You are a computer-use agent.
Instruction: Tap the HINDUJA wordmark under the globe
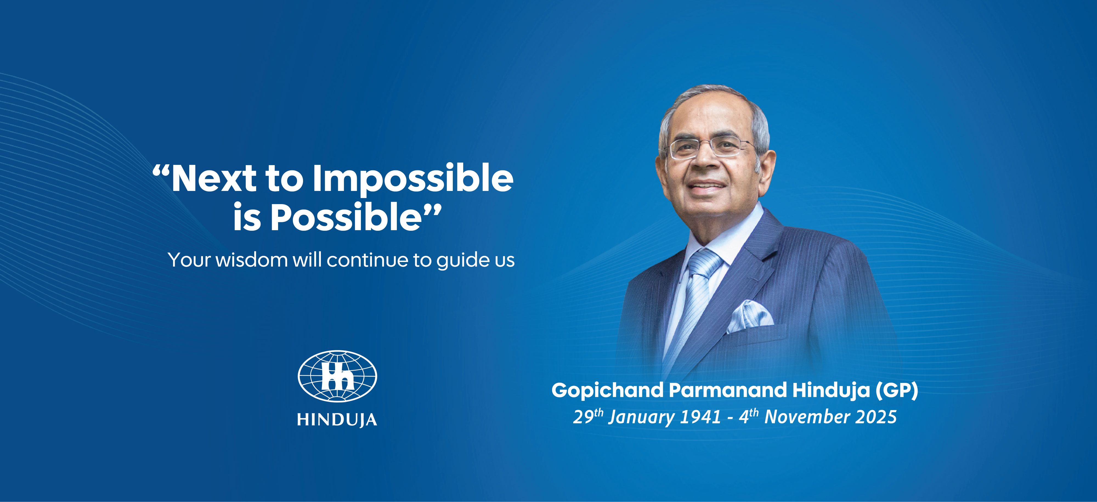pos(337,419)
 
